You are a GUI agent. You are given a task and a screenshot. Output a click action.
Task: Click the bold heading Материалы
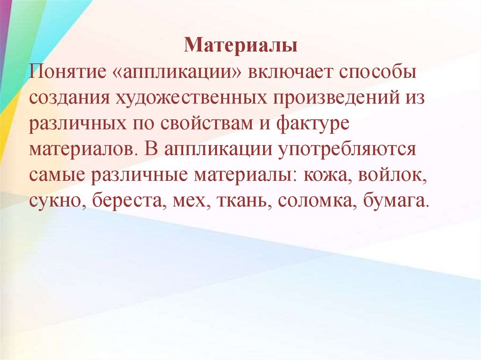point(240,46)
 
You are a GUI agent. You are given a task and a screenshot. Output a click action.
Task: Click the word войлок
point(393,177)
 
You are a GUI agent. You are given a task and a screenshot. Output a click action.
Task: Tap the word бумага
point(397,203)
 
